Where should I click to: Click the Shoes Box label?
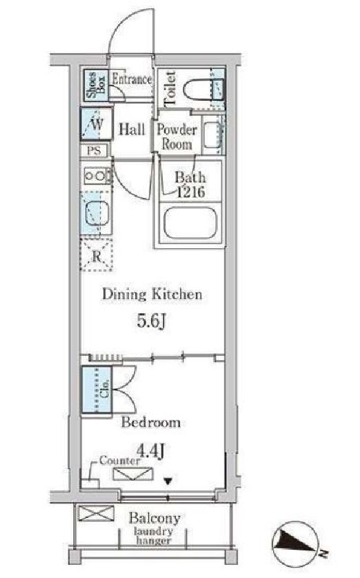[96, 86]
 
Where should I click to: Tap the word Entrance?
[132, 79]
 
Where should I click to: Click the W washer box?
[96, 124]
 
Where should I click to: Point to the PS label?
[94, 150]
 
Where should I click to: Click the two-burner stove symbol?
[97, 176]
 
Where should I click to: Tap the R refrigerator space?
[97, 255]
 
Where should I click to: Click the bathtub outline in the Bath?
[190, 223]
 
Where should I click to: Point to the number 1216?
[190, 192]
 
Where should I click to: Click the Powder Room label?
[177, 137]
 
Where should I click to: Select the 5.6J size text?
[151, 321]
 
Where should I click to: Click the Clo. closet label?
[105, 390]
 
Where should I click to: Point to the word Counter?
[120, 461]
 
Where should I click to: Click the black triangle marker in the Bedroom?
[168, 481]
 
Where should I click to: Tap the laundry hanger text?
[153, 536]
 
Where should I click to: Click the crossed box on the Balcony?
[96, 513]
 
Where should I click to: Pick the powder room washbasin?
[213, 135]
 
